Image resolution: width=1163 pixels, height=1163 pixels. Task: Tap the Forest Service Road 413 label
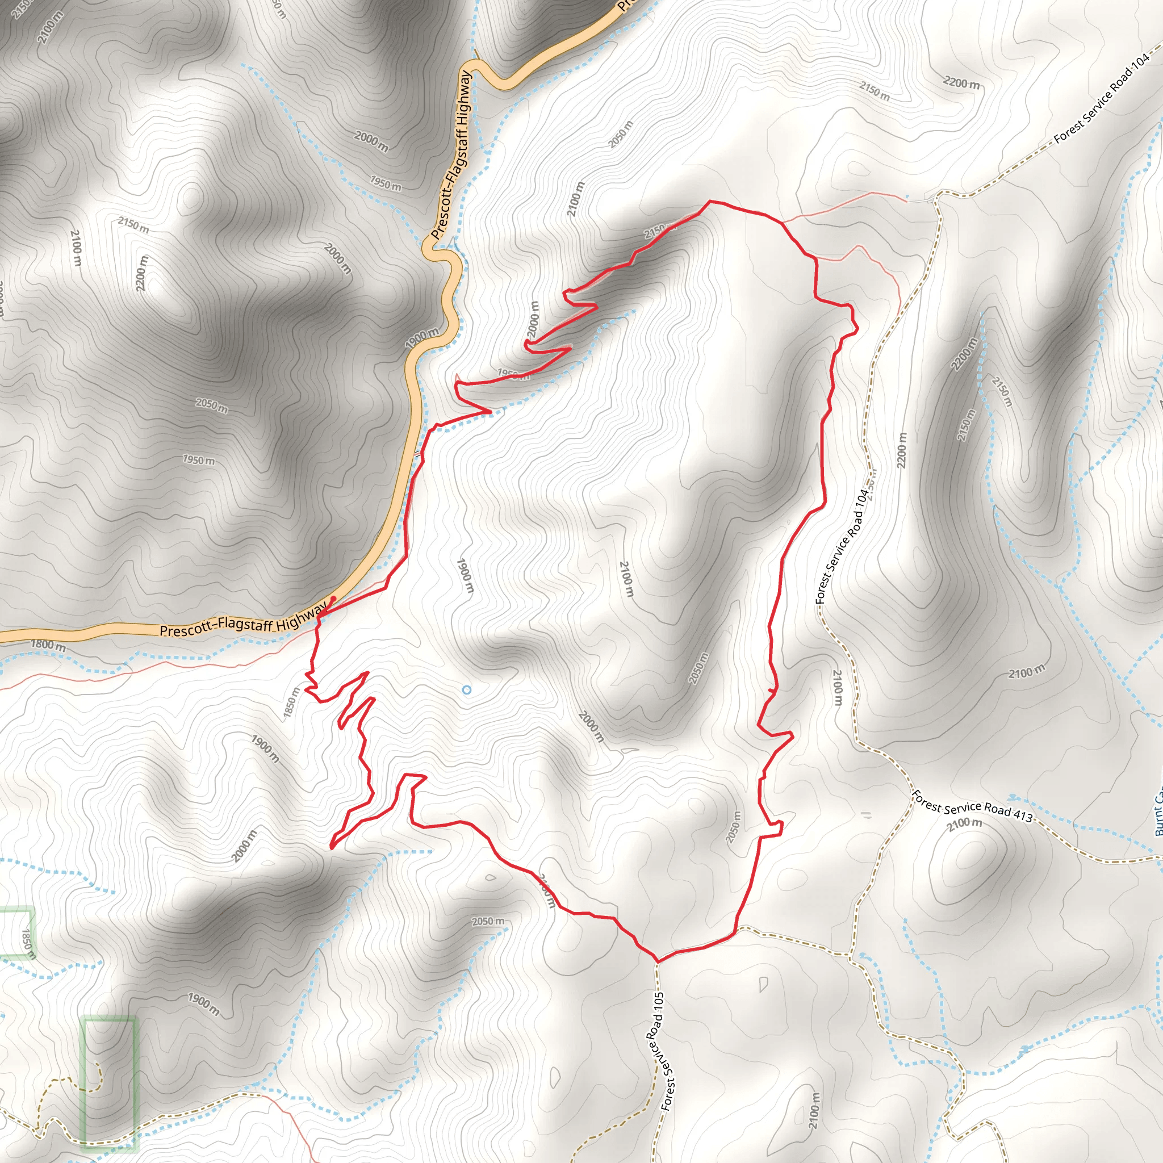(x=972, y=806)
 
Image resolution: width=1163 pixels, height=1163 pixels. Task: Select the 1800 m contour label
(x=48, y=645)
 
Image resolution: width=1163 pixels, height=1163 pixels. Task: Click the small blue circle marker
(x=467, y=690)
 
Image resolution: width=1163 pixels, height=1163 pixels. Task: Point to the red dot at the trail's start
(x=333, y=599)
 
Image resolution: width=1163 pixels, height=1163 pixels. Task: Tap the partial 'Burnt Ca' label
(x=1157, y=813)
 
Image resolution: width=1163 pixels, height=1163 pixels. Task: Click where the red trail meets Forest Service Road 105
(x=657, y=961)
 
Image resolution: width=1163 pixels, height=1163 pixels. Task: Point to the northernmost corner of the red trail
(x=710, y=201)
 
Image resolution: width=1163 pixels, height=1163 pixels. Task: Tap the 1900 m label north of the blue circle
(x=465, y=576)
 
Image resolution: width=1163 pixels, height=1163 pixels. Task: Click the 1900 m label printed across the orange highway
(x=422, y=338)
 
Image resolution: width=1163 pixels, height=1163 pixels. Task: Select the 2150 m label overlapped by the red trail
(x=656, y=231)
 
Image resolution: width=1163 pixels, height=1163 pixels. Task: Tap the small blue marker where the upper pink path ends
(x=907, y=196)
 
